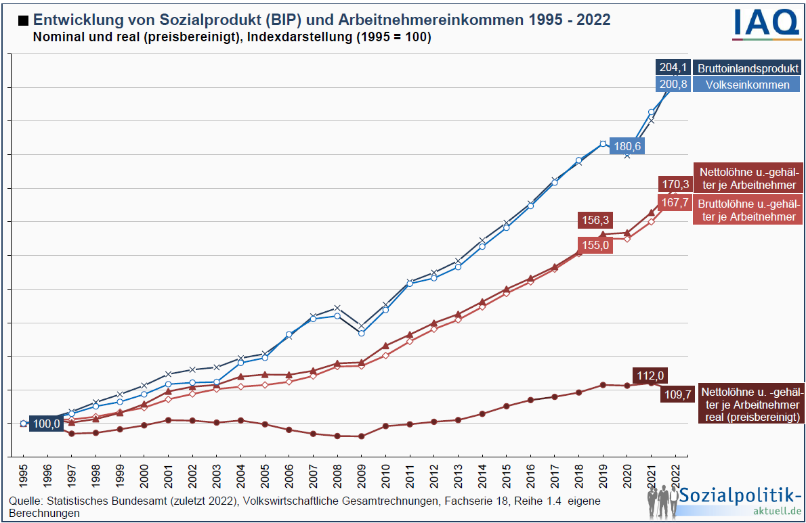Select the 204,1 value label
click(x=673, y=68)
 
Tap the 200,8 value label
click(x=673, y=85)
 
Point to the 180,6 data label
click(x=627, y=146)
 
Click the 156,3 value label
click(x=596, y=221)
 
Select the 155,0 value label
click(x=596, y=246)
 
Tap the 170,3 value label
click(x=675, y=184)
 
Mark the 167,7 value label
click(x=675, y=202)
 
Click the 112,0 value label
click(x=652, y=376)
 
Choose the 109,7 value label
click(x=677, y=394)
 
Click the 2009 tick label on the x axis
click(x=361, y=476)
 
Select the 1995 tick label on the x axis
click(x=24, y=476)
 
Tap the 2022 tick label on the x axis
click(x=674, y=476)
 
